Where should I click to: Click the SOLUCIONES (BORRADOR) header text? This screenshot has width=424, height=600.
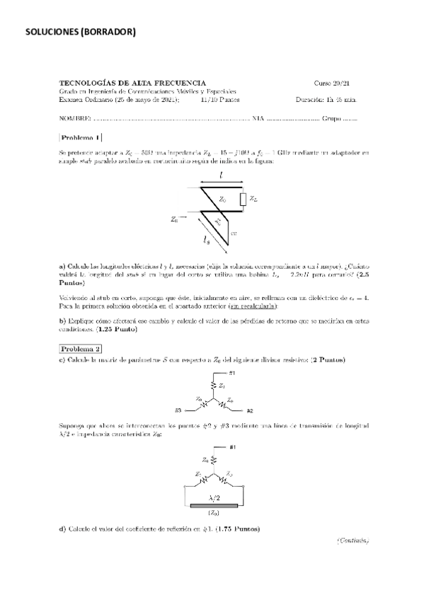(80, 31)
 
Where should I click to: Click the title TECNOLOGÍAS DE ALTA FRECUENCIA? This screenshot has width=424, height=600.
(132, 83)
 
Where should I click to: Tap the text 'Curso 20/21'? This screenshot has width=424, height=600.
(331, 83)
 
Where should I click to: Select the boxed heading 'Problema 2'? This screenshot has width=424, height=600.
(81, 349)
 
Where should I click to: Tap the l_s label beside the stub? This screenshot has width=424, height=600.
(207, 240)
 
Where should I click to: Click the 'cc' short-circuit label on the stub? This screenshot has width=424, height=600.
(235, 231)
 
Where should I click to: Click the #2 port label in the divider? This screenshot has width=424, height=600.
(251, 410)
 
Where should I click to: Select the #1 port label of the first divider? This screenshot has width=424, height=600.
(232, 373)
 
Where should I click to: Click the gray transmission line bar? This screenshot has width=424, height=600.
(214, 506)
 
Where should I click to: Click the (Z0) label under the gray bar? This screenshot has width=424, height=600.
(214, 514)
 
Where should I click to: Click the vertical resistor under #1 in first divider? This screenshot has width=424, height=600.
(214, 385)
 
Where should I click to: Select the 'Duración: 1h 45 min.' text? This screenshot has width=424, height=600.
(326, 100)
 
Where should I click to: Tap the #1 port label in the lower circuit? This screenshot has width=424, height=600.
(232, 447)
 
